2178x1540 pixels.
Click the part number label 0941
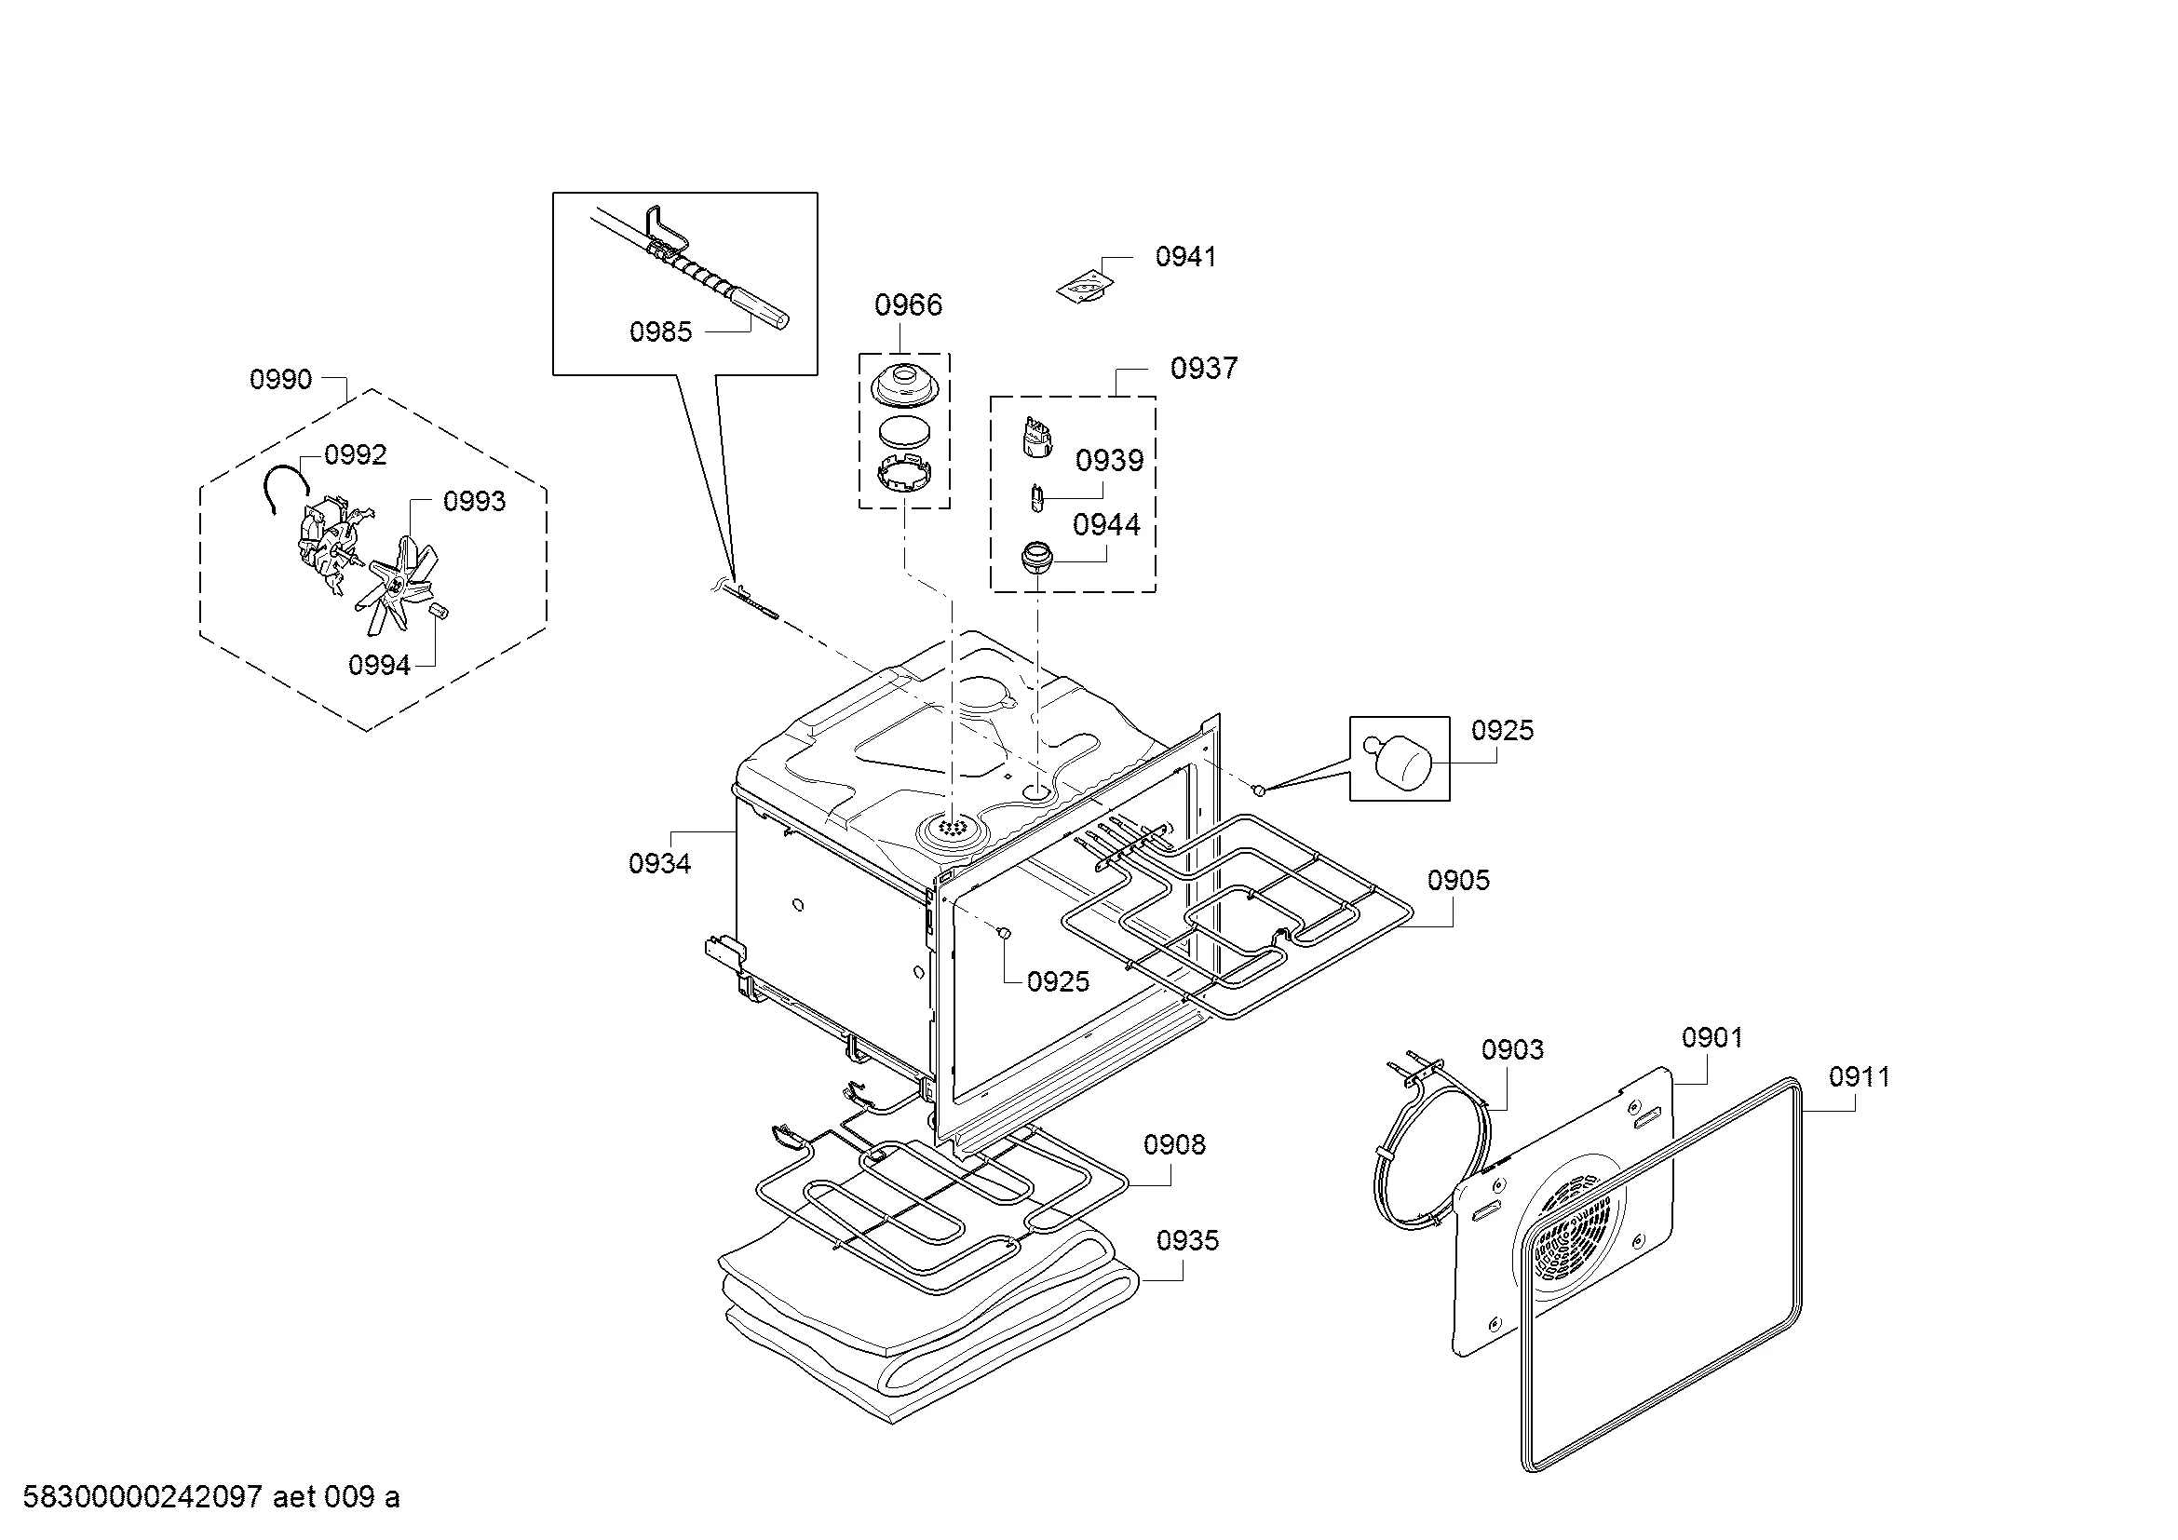click(1184, 256)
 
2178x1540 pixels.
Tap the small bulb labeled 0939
click(1037, 498)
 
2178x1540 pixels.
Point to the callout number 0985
click(660, 331)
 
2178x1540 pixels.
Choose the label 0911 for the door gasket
click(1860, 1076)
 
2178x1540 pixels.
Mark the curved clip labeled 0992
click(286, 487)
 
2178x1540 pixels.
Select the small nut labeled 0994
click(439, 609)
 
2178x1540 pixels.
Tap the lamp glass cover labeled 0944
click(1037, 556)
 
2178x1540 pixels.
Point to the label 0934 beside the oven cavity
click(659, 863)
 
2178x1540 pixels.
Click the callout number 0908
click(1174, 1144)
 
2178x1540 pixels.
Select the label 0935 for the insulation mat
click(1187, 1240)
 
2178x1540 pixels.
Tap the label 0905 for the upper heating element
click(1458, 880)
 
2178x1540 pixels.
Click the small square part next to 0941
click(1085, 287)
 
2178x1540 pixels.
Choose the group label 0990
click(281, 379)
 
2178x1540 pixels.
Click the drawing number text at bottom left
click(211, 1497)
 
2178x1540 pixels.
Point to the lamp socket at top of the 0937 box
click(1037, 438)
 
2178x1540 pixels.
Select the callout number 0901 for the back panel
click(1712, 1037)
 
